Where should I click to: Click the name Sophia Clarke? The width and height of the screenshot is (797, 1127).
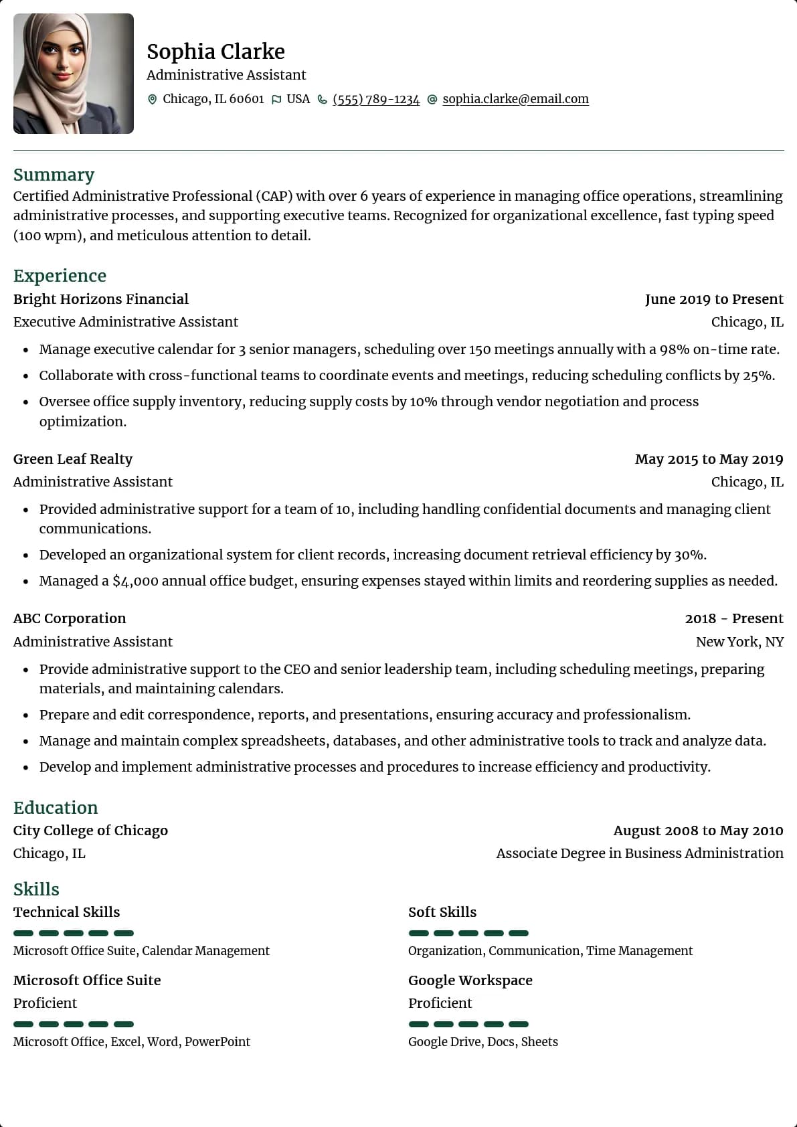tap(215, 52)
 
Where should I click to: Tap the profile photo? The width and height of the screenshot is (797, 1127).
tap(74, 74)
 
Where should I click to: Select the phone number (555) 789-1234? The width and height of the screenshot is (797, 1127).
tap(376, 99)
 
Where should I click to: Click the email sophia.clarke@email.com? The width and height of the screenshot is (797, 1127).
tap(515, 99)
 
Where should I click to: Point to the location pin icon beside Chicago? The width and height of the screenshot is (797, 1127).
tap(152, 100)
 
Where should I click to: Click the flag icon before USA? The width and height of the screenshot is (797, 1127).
tap(276, 100)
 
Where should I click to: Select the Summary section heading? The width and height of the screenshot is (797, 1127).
tap(54, 175)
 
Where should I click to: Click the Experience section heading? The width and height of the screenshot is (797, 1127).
tap(60, 276)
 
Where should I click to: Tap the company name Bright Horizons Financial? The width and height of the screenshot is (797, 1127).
tap(100, 299)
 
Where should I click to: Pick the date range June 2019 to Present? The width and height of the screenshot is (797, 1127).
tap(714, 299)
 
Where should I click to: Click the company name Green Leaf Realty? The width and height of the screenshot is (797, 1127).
tap(73, 459)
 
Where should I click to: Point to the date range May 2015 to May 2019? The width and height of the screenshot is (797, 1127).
tap(709, 459)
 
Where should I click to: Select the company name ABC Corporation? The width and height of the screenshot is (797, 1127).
tap(70, 618)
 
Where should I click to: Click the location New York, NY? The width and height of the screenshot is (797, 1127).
tap(739, 642)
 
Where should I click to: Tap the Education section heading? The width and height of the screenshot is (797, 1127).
tap(56, 808)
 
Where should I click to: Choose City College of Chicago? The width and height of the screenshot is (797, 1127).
tap(90, 831)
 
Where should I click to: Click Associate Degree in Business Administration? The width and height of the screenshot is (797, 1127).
tap(639, 853)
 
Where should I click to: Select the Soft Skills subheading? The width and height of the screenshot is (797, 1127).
tap(442, 912)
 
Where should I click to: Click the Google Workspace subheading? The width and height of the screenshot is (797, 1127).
tap(470, 980)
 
